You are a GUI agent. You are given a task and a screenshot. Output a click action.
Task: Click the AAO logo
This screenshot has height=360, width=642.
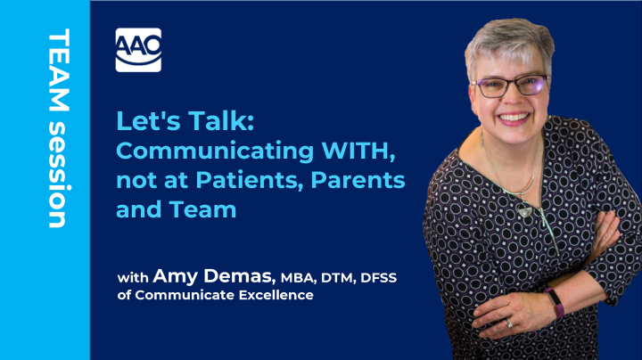click(x=138, y=48)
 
